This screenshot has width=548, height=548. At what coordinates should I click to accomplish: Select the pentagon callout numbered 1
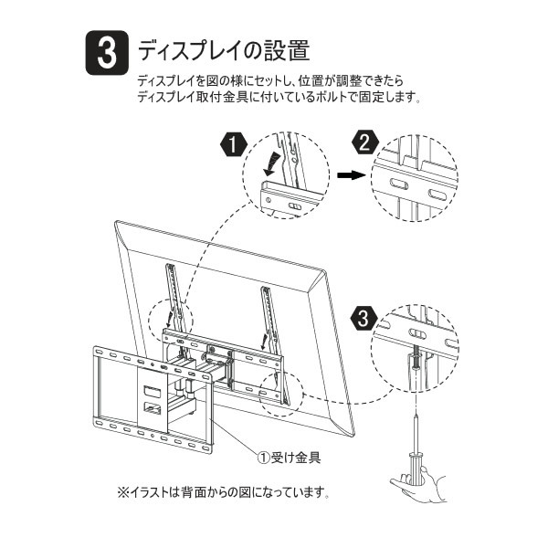233,145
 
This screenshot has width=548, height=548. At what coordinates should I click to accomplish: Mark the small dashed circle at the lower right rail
279,389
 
